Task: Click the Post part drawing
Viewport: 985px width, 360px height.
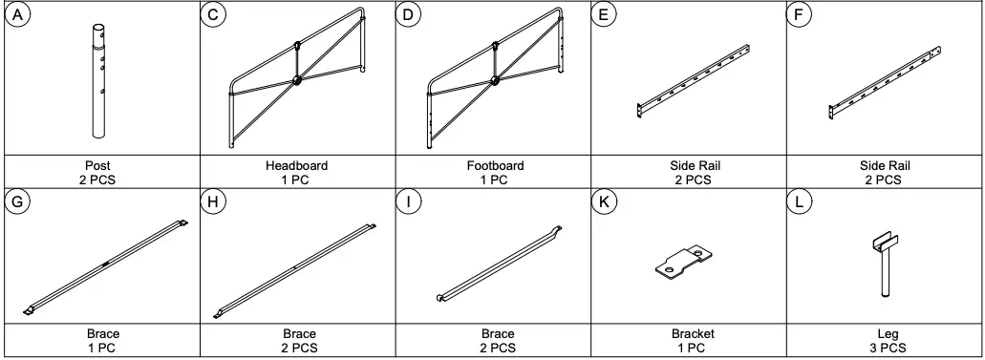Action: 97,84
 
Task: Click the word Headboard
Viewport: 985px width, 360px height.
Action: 296,165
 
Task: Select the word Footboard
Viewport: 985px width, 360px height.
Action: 492,165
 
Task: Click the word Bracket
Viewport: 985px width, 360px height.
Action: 693,334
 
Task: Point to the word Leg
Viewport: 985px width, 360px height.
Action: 888,334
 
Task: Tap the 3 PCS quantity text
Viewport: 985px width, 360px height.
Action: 888,347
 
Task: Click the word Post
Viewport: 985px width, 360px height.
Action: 97,165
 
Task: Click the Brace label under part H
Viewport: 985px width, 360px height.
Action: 299,334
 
